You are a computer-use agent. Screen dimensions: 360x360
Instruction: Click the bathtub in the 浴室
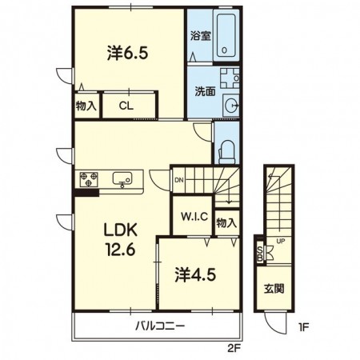[x=226, y=35]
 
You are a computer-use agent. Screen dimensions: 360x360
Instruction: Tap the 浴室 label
[x=200, y=36]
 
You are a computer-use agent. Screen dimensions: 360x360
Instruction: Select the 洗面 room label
[x=205, y=91]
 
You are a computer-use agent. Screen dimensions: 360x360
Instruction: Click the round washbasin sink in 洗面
[x=231, y=106]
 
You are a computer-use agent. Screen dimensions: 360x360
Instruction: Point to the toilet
[x=226, y=152]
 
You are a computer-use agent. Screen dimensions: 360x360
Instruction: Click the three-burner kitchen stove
[x=89, y=179]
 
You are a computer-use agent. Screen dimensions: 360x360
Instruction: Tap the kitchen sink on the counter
[x=122, y=178]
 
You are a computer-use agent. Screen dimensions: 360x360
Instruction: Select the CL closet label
[x=126, y=106]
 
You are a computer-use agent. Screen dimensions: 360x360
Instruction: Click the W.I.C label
[x=194, y=217]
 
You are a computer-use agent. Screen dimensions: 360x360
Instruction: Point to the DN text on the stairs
[x=179, y=180]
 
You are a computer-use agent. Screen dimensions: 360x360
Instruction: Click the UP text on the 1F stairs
[x=281, y=241]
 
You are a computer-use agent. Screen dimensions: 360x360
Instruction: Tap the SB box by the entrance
[x=260, y=253]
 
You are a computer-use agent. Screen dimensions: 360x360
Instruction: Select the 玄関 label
[x=274, y=289]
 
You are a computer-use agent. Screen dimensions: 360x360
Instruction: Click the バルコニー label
[x=160, y=326]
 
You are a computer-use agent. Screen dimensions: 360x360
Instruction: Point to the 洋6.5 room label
[x=127, y=53]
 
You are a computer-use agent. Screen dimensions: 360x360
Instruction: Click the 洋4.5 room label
[x=195, y=274]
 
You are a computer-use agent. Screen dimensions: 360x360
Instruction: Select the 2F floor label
[x=234, y=349]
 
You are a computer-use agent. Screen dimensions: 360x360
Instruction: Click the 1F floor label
[x=303, y=327]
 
